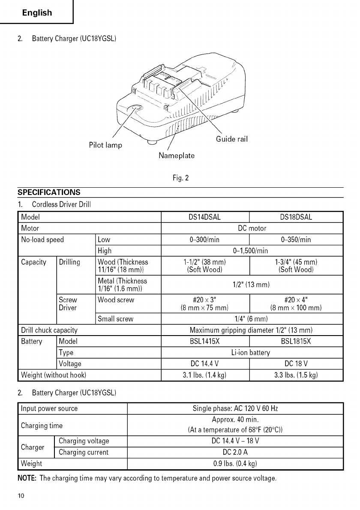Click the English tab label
37,13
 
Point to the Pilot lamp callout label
105,145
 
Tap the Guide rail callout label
232,139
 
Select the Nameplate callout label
177,156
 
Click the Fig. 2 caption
180,177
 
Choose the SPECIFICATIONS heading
49,192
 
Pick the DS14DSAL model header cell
204,217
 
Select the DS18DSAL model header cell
296,217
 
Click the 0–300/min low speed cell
204,240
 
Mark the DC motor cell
252,228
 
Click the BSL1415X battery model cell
204,342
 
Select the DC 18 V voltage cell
296,364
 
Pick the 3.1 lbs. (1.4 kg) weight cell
204,375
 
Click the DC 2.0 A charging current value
235,452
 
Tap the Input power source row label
50,408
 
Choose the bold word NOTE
27,478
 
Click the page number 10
21,496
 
